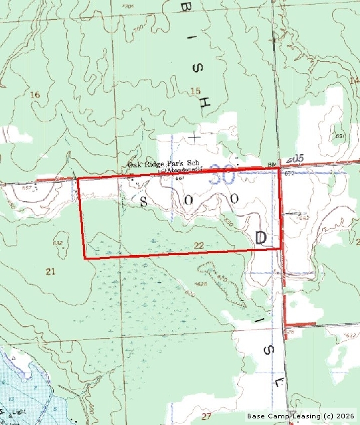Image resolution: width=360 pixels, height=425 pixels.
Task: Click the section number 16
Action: pos(35,95)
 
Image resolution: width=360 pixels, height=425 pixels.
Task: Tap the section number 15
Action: pos(195,90)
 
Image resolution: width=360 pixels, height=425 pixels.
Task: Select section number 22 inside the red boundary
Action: pos(199,246)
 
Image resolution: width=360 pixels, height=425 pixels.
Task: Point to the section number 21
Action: pos(49,271)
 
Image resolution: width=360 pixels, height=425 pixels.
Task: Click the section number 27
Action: pos(207,416)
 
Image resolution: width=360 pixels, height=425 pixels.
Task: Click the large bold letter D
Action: pos(261,238)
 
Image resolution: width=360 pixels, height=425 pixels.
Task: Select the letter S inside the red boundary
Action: pos(143,200)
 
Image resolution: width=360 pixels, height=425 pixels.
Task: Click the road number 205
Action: pos(296,160)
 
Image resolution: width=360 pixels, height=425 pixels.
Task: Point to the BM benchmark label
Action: pos(271,164)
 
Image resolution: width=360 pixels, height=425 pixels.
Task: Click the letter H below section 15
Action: pos(206,103)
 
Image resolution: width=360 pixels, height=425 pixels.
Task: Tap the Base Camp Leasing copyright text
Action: pos(301,416)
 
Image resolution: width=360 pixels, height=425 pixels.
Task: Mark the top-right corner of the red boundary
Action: pos(279,169)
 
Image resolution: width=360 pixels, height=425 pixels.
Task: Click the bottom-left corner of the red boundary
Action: pos(84,258)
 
